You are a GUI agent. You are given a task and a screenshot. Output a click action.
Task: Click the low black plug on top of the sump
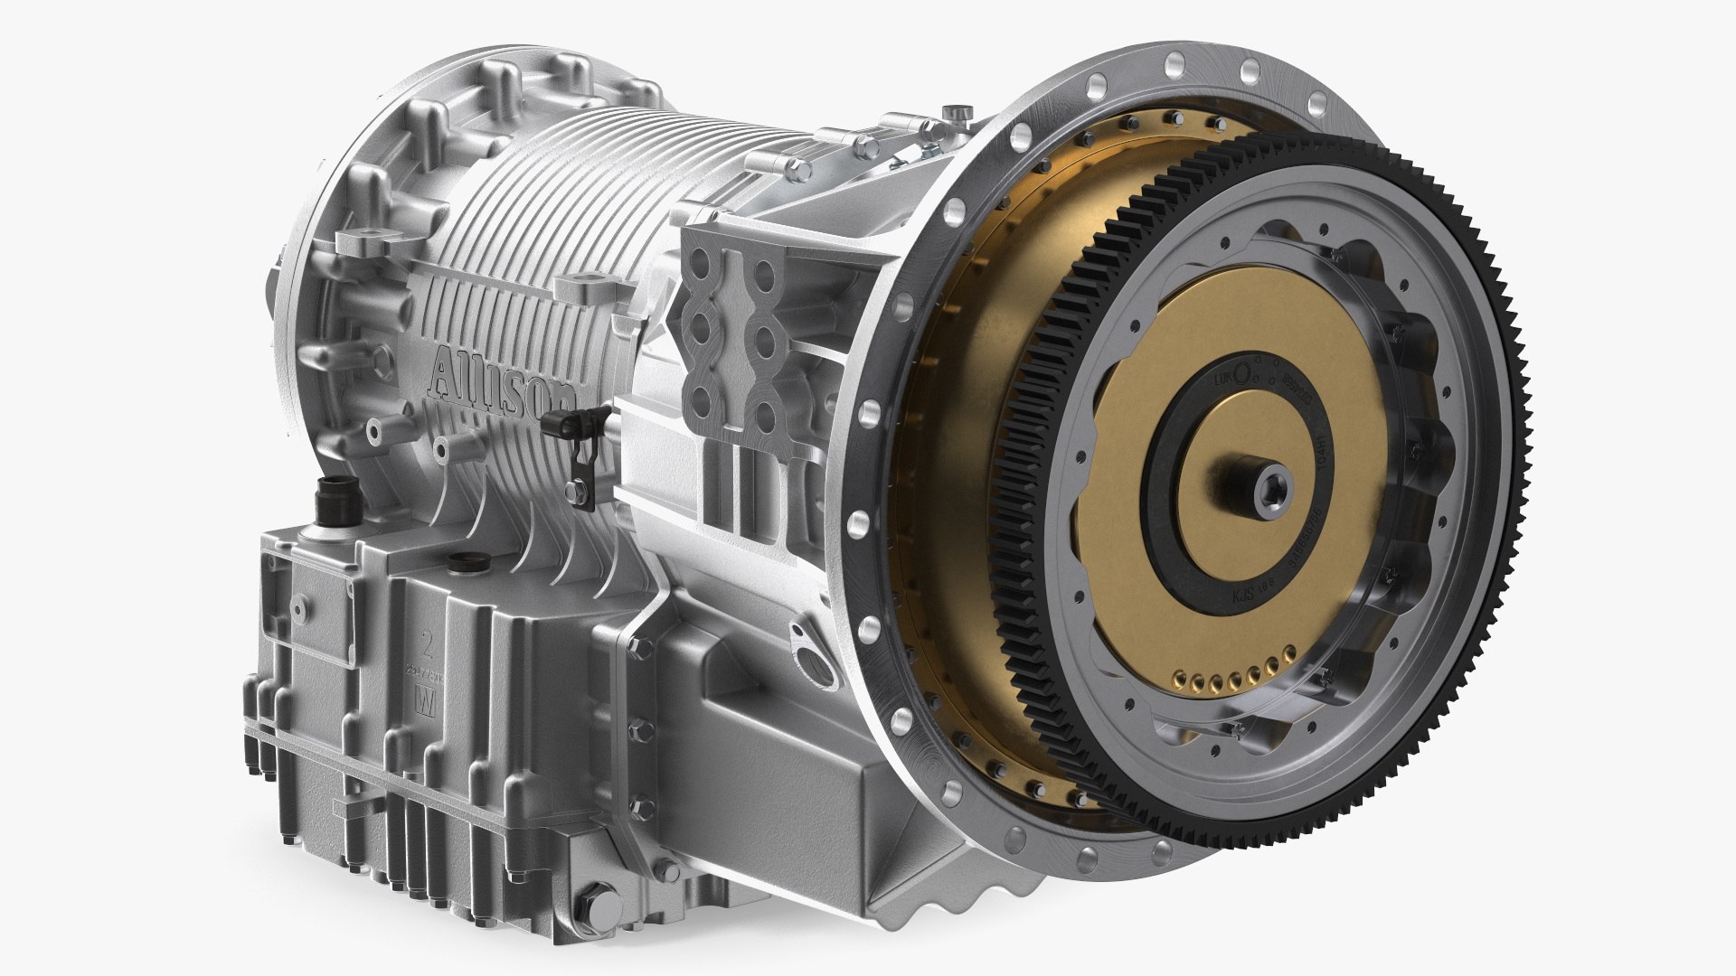462,560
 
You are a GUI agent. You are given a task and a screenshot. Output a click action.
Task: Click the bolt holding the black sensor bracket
571,490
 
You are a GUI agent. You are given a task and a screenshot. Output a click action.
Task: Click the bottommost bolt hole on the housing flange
1160,850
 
